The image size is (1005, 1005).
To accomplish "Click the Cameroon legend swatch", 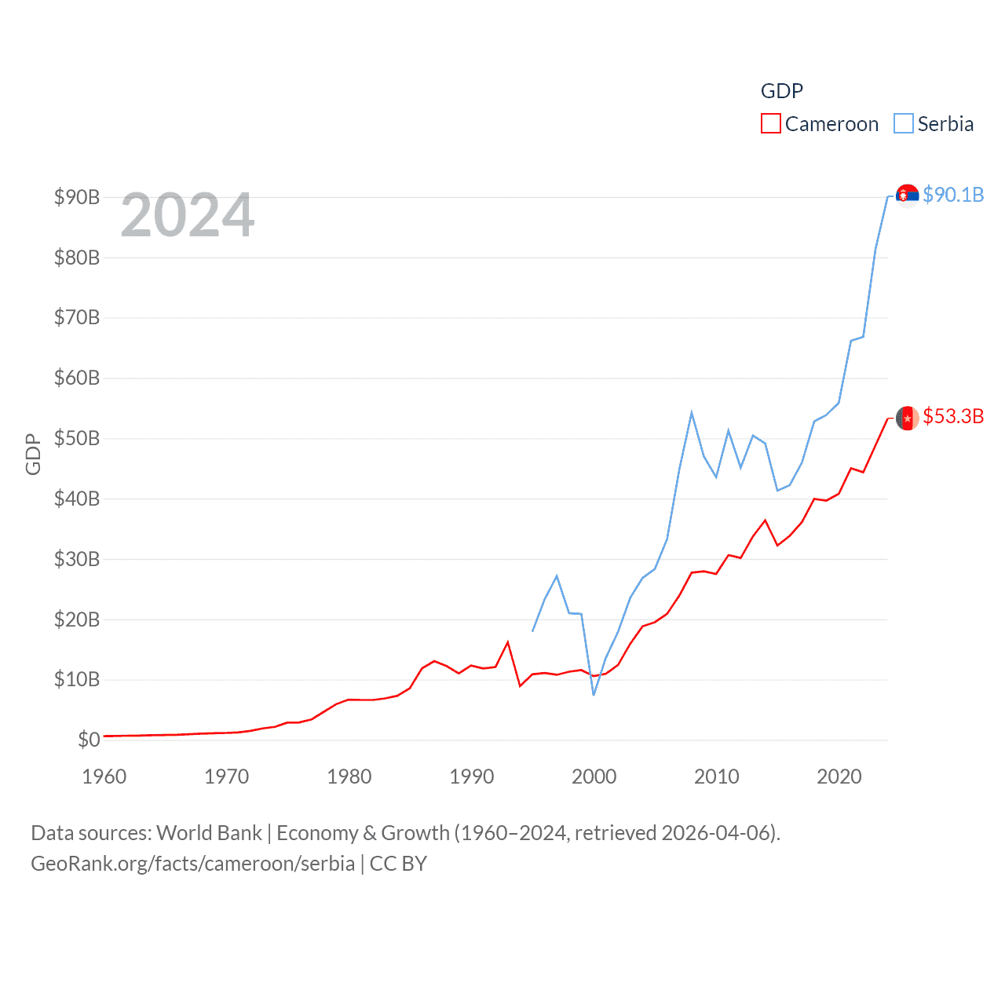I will point(770,124).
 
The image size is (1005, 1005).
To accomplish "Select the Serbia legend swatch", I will point(904,124).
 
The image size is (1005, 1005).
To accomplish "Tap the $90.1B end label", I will point(953,195).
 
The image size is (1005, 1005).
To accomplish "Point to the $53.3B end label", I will point(953,416).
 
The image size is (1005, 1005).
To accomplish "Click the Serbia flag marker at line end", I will point(907,196).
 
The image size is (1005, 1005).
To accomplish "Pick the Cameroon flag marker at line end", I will point(907,418).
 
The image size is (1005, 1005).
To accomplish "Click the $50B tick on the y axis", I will point(77,438).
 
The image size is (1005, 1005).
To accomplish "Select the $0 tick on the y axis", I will point(89,740).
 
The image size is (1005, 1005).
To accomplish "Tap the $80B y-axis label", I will point(77,258).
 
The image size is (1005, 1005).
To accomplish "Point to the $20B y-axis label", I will point(77,619).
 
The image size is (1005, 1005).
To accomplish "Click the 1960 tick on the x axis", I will point(104,777).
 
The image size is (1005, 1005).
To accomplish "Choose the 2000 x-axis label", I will point(594,777).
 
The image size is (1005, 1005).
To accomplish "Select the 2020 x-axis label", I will point(839,777).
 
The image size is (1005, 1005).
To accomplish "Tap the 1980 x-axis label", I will point(349,777).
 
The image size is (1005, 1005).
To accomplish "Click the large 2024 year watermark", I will point(188,215).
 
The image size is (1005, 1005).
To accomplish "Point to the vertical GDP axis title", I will point(33,454).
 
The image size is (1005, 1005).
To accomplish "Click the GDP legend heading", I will point(781,91).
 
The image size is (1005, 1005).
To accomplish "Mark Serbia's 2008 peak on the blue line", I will point(692,412).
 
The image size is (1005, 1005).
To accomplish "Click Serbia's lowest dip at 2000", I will point(594,695).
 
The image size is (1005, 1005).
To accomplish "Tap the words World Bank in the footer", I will point(209,832).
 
